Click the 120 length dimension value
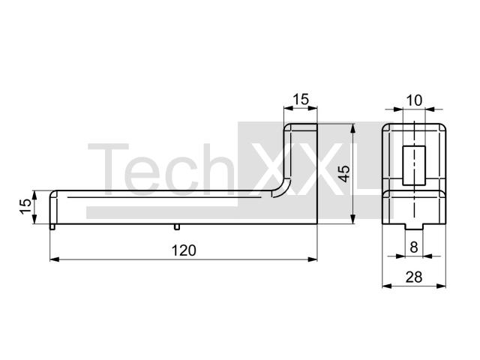(x=184, y=250)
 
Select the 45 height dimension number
(x=345, y=173)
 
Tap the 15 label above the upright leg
(x=301, y=100)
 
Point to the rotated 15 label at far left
(x=26, y=207)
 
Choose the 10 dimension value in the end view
(x=414, y=100)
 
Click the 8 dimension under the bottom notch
(x=414, y=247)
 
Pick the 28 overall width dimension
(x=414, y=277)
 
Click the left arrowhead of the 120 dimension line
(x=55, y=259)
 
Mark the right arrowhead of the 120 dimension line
(x=313, y=259)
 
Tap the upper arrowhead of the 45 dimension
(x=353, y=128)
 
